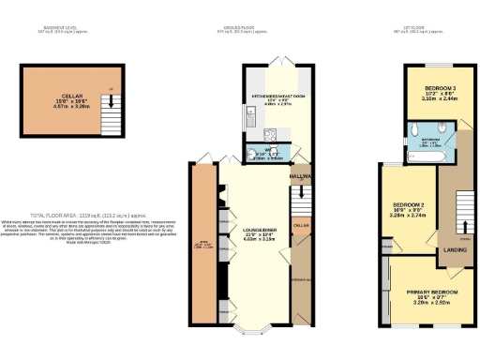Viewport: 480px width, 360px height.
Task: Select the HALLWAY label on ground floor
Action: (x=300, y=176)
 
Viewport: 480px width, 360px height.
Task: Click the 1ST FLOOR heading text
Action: (x=430, y=29)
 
